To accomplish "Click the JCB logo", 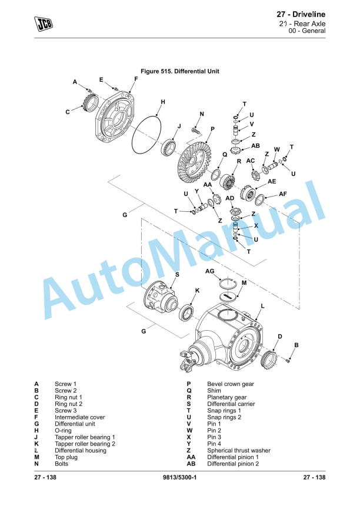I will point(43,24).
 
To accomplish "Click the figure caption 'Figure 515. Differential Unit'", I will point(176,71).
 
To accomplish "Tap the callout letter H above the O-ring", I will point(163,102).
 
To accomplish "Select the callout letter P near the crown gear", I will point(212,129).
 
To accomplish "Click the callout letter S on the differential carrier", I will point(178,275).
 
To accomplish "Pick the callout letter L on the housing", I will point(262,306).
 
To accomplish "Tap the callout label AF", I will point(283,194).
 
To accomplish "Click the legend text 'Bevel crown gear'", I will point(231,384).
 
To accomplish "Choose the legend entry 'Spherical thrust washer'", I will point(239,451).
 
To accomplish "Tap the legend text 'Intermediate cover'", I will point(80,417).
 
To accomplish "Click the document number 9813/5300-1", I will point(180,477).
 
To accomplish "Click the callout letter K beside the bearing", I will point(197,290).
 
